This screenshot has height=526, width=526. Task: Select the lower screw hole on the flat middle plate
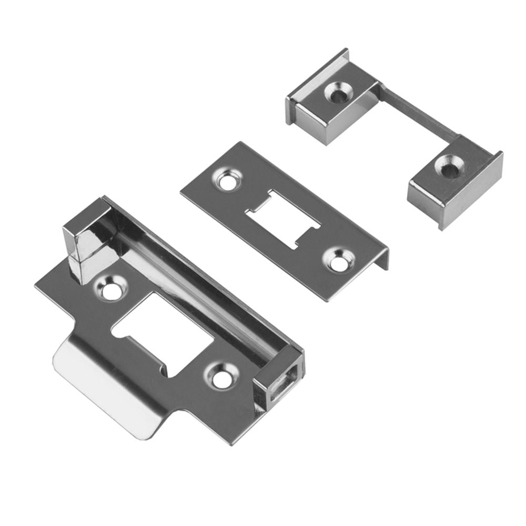[336, 259]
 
